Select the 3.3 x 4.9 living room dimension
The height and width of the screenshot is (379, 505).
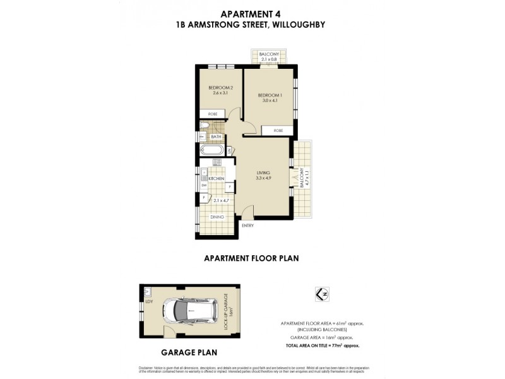263,179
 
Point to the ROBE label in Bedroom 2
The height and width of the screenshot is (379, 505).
212,114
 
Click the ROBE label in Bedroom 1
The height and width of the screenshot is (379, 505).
278,131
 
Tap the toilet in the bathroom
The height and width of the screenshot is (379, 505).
204,135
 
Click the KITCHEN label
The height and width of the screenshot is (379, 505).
217,179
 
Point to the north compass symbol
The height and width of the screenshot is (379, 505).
326,294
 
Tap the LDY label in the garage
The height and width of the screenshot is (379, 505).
149,301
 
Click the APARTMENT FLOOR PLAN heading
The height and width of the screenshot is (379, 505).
251,258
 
